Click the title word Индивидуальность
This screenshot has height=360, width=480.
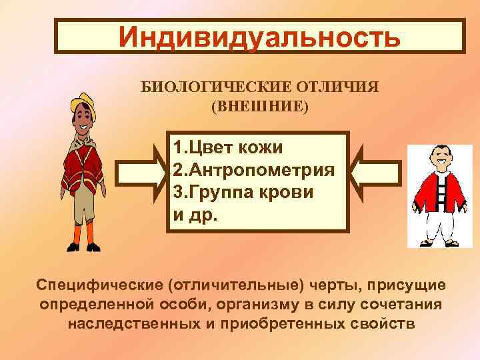260,37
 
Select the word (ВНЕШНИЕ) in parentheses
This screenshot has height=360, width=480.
261,106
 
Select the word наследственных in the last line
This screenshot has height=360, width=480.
136,323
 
